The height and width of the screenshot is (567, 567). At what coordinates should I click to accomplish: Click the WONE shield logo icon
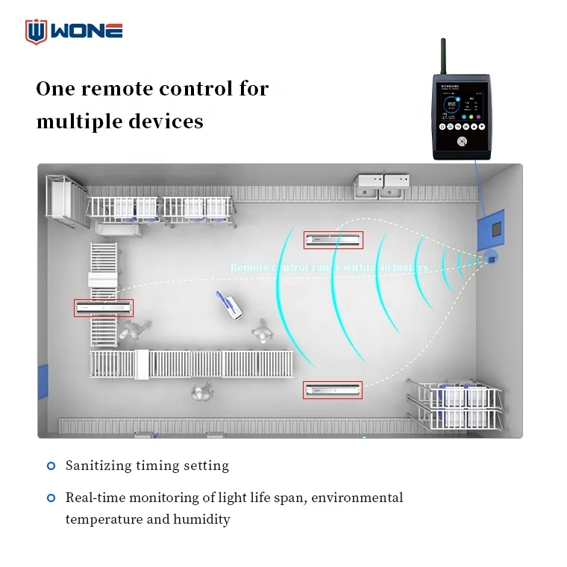point(36,31)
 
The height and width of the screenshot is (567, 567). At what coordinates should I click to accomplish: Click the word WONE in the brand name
point(87,31)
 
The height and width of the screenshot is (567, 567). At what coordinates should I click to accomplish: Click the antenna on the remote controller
point(443,57)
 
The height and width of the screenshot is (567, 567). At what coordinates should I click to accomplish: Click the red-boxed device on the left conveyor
point(104,307)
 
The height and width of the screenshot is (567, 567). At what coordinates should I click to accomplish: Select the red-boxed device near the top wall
point(333,240)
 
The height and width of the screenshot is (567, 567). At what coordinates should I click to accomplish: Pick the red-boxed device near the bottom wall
point(333,389)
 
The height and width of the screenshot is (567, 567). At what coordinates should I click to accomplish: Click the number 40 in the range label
point(386,266)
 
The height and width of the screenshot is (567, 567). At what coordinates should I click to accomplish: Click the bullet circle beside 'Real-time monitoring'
point(51,498)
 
